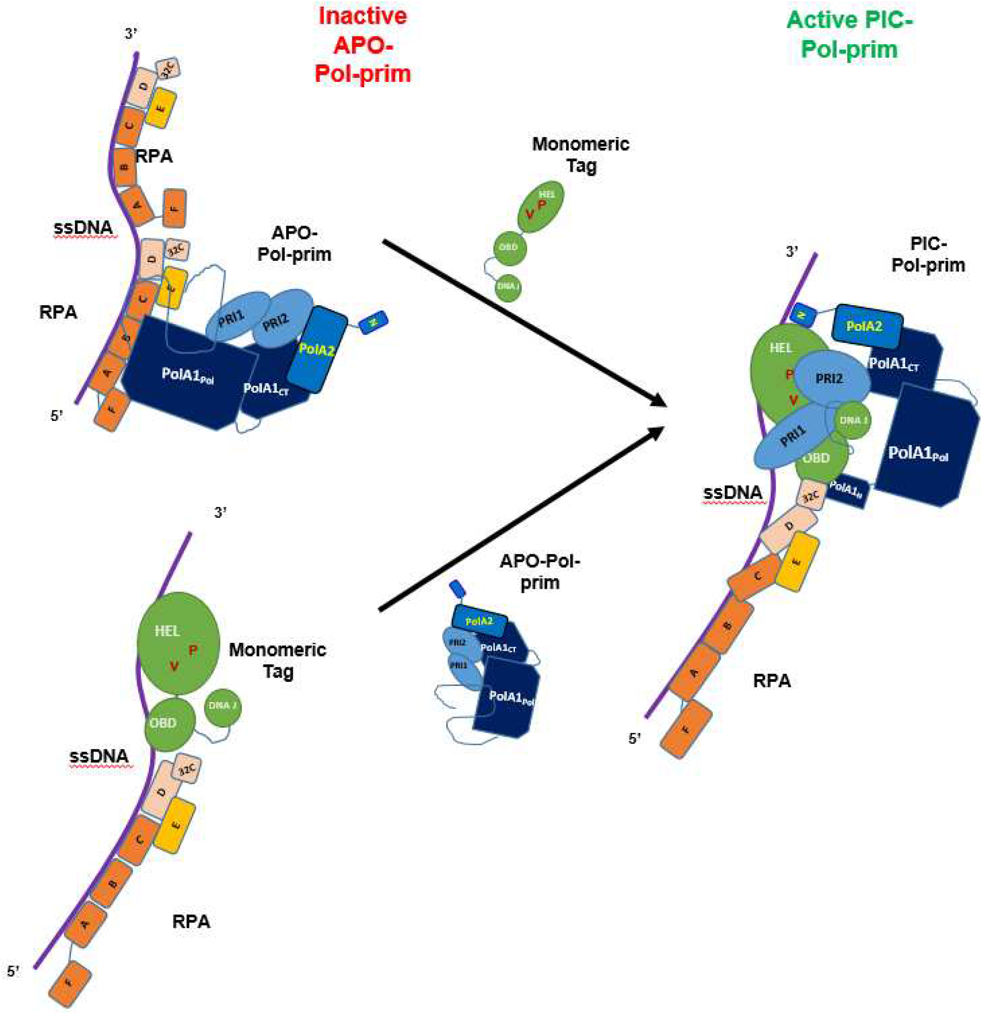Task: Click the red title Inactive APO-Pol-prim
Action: (363, 45)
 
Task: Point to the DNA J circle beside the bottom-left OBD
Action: (222, 706)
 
